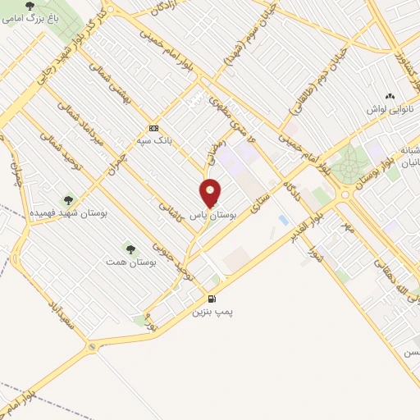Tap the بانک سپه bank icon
click(x=153, y=129)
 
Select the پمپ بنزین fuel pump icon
click(x=212, y=299)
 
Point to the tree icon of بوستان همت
click(x=129, y=247)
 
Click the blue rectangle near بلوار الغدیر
click(x=283, y=221)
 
